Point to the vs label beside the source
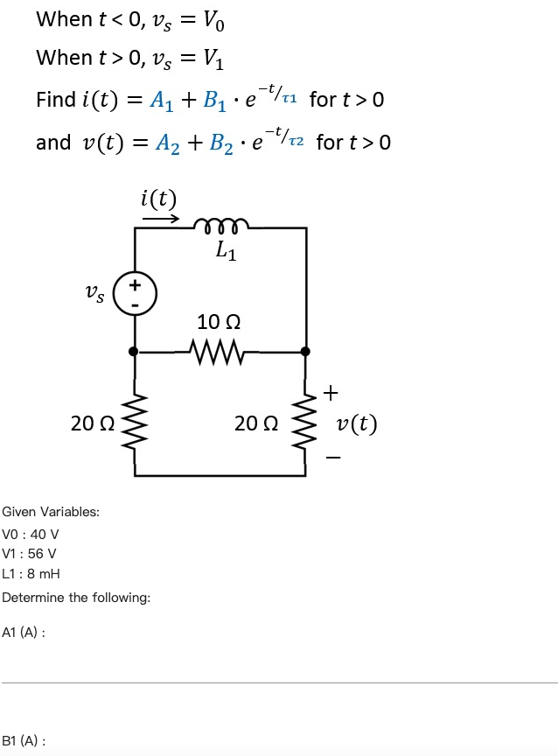click(94, 295)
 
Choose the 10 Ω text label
click(219, 323)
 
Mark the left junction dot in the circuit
click(134, 352)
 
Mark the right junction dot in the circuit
click(305, 352)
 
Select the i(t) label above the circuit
click(158, 199)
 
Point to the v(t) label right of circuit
click(357, 424)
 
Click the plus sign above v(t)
click(330, 393)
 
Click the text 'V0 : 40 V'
click(31, 534)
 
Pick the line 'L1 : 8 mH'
click(31, 574)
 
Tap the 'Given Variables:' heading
click(51, 512)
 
